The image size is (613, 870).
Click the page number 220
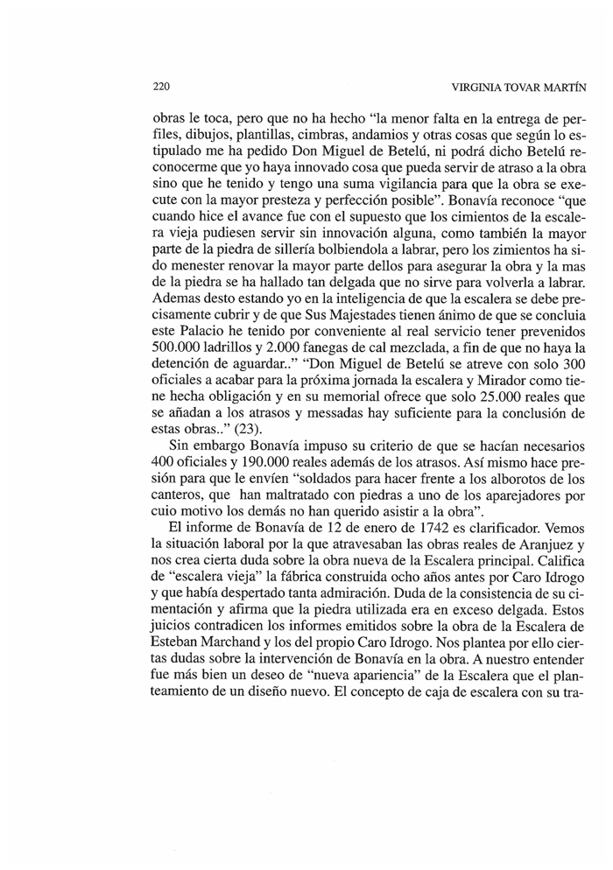[x=160, y=88]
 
